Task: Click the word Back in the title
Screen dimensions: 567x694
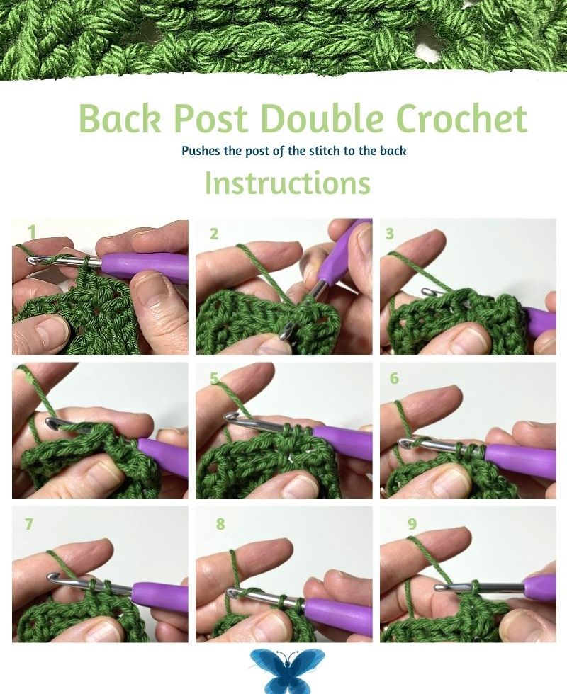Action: [x=120, y=118]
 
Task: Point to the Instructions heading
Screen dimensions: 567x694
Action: [x=288, y=183]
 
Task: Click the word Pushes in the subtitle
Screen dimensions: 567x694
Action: [x=201, y=151]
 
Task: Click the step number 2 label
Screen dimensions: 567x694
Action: [x=214, y=234]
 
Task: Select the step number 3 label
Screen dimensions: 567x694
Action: [x=390, y=234]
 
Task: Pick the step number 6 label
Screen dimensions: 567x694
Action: [x=394, y=378]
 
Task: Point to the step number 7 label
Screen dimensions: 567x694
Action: [x=29, y=524]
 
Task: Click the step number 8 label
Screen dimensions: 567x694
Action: [x=220, y=524]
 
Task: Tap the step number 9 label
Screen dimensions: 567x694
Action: [x=412, y=524]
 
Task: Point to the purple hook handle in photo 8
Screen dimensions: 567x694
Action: [x=339, y=612]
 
